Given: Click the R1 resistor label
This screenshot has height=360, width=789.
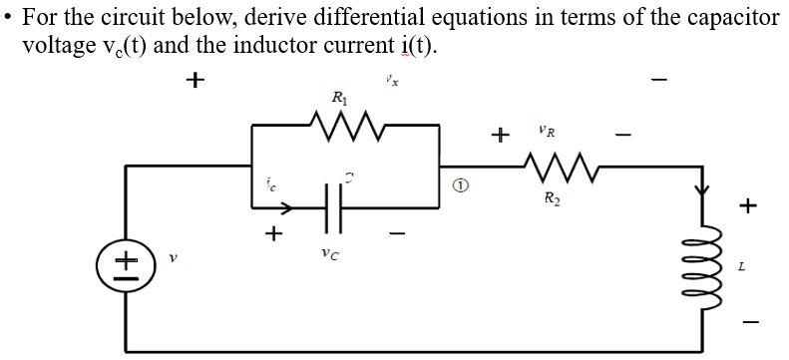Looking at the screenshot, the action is (x=339, y=97).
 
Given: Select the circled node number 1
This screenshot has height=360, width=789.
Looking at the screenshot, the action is (x=460, y=186).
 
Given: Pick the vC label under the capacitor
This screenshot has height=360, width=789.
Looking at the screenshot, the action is (x=328, y=254).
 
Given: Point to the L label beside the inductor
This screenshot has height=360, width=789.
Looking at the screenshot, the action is (x=740, y=267).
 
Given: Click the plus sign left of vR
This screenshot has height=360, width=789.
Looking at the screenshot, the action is (x=501, y=133).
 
